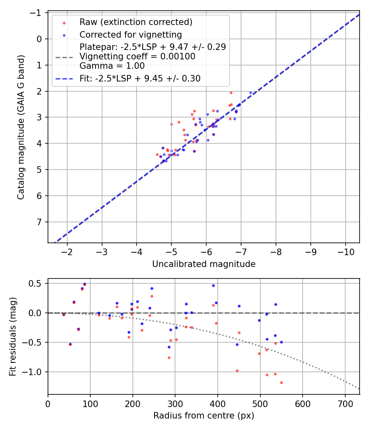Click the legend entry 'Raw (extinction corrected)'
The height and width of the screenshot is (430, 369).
tap(136, 22)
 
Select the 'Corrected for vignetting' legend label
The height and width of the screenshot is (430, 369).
tap(130, 34)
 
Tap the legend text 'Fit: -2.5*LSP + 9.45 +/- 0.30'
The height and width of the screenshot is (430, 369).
tap(140, 79)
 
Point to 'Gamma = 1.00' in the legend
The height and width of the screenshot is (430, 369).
tap(112, 66)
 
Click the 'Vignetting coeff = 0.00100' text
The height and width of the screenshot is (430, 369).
tap(137, 57)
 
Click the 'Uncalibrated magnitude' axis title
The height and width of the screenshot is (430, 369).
tap(204, 264)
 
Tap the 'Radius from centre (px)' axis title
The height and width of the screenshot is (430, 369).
tap(204, 416)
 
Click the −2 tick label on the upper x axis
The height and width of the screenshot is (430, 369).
tap(67, 251)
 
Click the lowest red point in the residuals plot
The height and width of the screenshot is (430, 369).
tap(281, 382)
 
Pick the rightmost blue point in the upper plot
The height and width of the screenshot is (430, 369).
tap(251, 93)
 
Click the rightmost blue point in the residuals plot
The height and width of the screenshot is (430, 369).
tap(281, 342)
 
